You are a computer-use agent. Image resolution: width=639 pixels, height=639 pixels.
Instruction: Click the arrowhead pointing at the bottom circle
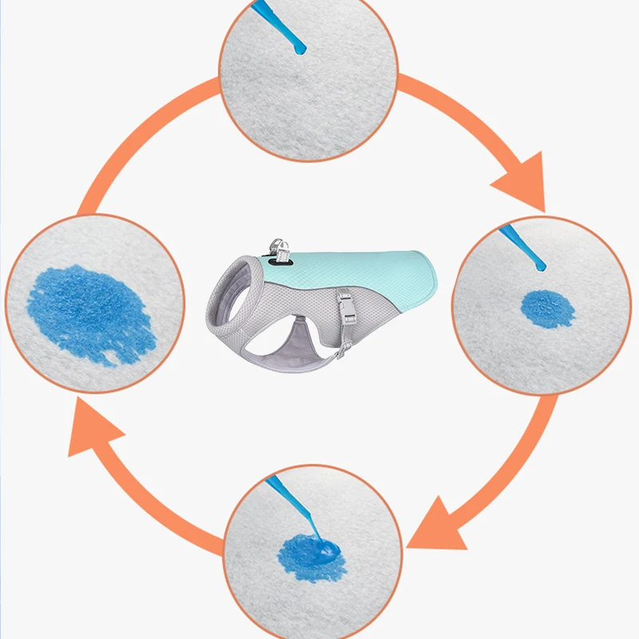click(435, 523)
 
